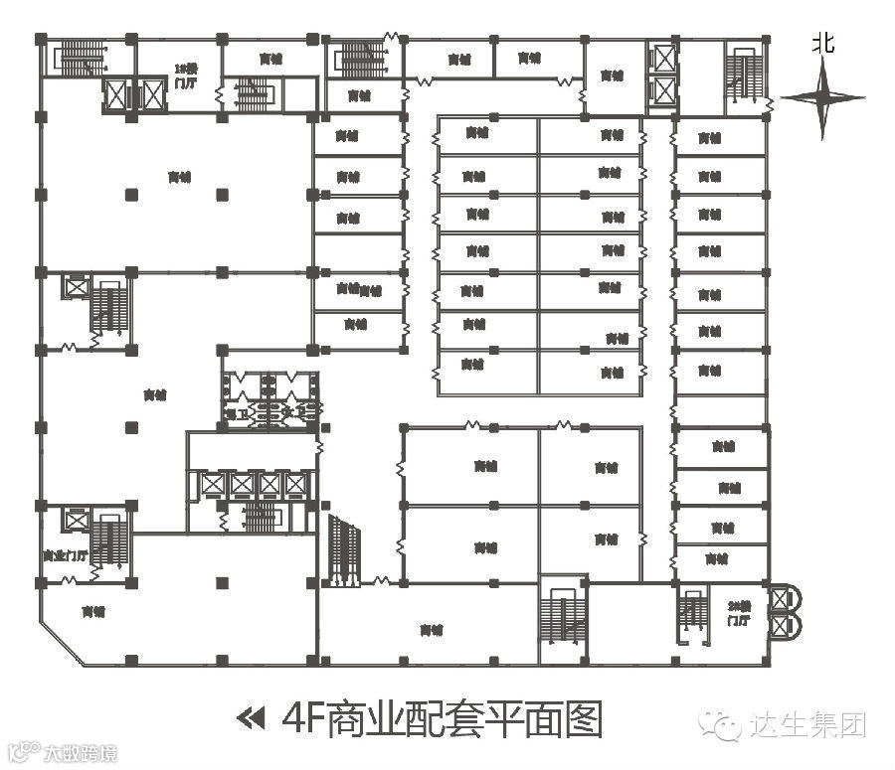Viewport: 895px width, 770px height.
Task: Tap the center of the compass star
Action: point(822,97)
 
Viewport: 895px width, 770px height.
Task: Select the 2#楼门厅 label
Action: point(738,613)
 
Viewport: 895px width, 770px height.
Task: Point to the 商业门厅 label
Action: point(66,555)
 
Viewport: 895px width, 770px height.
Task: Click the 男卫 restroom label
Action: point(236,411)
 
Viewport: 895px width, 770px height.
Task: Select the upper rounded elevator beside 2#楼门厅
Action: point(788,598)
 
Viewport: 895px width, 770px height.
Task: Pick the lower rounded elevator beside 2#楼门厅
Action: point(788,626)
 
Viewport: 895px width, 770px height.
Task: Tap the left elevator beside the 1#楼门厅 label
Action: point(116,95)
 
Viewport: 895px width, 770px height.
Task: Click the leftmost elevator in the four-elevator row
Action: point(212,484)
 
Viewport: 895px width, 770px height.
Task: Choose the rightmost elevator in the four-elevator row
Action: point(296,484)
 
